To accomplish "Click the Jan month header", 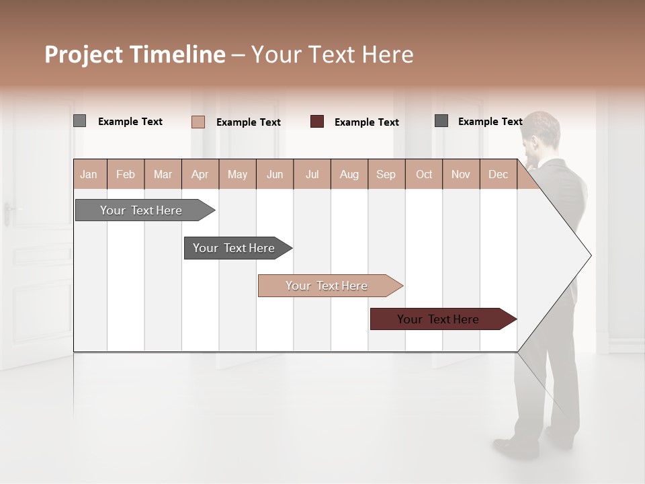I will tap(89, 174).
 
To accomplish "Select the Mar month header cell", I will tap(163, 174).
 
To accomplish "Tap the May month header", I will tap(237, 174).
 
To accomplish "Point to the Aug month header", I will tap(349, 174).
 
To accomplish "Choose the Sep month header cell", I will tap(386, 174).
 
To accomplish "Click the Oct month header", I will tap(424, 174).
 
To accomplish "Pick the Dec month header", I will tap(498, 174).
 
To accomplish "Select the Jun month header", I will tap(275, 174).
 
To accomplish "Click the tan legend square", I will tap(198, 122).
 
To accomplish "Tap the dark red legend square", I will tap(317, 121).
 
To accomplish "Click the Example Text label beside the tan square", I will tap(248, 122).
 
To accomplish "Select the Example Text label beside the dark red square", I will tap(366, 122).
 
